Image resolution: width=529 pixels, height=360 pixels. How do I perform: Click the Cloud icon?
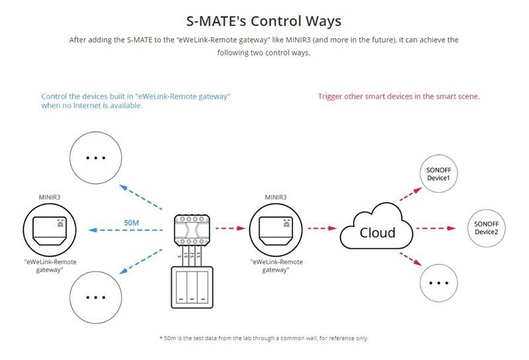376,227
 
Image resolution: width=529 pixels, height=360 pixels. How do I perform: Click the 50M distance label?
131,222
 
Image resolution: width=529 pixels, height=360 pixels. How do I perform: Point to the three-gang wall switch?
192,287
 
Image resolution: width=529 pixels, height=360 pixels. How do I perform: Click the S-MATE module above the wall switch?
192,230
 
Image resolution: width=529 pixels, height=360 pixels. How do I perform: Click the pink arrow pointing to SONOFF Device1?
411,194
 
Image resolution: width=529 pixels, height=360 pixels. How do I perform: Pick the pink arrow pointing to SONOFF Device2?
436,228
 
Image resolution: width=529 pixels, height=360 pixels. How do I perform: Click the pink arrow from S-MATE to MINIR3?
230,228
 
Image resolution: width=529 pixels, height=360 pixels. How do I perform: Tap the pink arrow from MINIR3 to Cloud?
322,228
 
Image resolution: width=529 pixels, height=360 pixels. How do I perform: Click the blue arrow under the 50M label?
125,230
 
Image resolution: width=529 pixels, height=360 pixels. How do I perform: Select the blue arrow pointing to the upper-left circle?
141,197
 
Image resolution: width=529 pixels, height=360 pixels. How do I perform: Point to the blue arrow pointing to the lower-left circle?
141,261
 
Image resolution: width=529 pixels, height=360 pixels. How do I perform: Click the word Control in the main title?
276,21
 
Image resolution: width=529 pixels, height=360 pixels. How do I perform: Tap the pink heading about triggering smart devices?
399,96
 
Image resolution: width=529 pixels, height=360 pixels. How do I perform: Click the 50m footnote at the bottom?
264,338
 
